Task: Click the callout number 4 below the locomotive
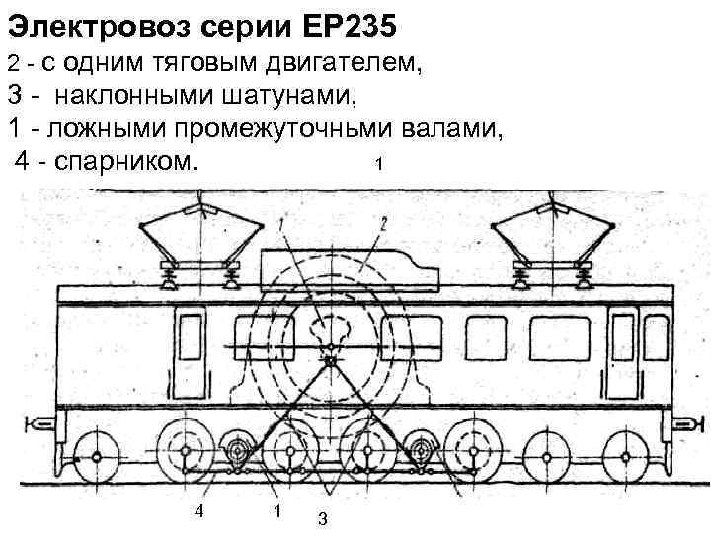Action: point(199,510)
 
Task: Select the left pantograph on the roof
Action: point(200,242)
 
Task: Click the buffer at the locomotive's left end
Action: point(39,424)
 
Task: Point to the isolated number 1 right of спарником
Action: point(379,162)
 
